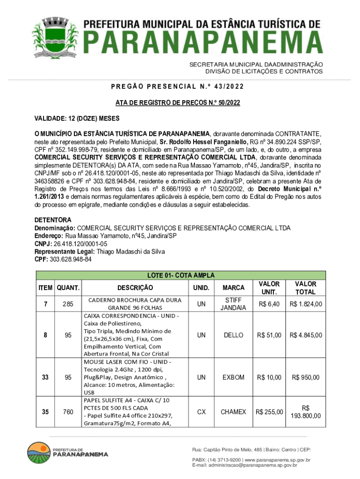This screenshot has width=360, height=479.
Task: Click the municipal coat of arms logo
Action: pyautogui.click(x=55, y=38)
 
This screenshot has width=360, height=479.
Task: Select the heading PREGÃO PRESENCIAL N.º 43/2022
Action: pyautogui.click(x=178, y=87)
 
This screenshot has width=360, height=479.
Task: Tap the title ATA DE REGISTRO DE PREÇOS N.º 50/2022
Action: pyautogui.click(x=178, y=102)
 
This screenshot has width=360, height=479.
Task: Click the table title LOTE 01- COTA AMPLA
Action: pyautogui.click(x=180, y=276)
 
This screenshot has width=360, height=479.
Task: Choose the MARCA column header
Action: pyautogui.click(x=233, y=287)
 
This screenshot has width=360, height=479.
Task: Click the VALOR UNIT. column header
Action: pyautogui.click(x=269, y=287)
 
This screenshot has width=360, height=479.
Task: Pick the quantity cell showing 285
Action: pyautogui.click(x=68, y=304)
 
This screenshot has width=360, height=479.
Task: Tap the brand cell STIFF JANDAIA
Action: pyautogui.click(x=233, y=304)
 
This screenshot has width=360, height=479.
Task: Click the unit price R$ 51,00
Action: pyautogui.click(x=269, y=335)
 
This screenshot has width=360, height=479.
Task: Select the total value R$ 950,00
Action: pyautogui.click(x=306, y=377)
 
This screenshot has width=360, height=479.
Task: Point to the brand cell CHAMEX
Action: pyautogui.click(x=233, y=412)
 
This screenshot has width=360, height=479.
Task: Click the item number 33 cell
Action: pyautogui.click(x=45, y=377)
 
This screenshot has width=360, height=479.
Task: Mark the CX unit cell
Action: pyautogui.click(x=201, y=412)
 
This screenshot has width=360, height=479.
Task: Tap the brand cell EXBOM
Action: pyautogui.click(x=233, y=377)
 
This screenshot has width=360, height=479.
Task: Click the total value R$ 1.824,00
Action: pyautogui.click(x=306, y=304)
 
